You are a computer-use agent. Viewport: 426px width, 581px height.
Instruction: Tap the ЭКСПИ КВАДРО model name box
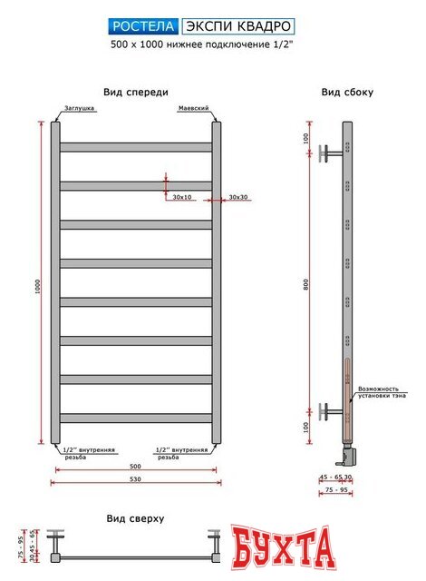[x=237, y=26]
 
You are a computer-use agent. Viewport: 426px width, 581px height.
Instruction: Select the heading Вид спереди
[x=135, y=92]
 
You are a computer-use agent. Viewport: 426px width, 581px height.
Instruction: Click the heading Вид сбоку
[x=347, y=93]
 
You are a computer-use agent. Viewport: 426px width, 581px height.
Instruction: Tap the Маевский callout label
[x=196, y=108]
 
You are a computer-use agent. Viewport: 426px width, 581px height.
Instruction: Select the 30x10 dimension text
[x=182, y=197]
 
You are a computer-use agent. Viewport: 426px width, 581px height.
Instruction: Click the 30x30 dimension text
[x=239, y=197]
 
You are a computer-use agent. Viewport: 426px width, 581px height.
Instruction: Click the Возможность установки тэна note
[x=381, y=392]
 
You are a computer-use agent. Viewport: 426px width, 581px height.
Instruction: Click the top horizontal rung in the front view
[x=136, y=147]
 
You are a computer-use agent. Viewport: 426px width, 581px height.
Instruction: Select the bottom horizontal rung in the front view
[x=136, y=419]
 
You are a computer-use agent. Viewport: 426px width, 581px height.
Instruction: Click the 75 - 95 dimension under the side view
[x=335, y=490]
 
